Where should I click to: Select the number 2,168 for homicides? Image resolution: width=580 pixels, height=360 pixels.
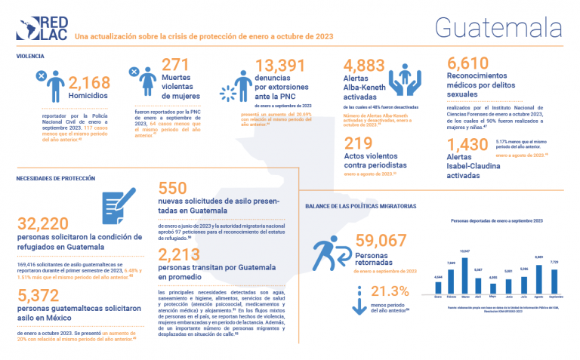point(89,83)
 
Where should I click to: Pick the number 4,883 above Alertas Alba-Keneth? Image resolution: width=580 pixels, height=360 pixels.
point(364,66)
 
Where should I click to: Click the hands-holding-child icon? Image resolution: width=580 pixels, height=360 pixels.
point(406,81)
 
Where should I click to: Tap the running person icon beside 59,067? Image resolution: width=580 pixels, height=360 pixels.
point(329,254)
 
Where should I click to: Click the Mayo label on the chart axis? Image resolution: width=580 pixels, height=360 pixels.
point(493,297)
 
